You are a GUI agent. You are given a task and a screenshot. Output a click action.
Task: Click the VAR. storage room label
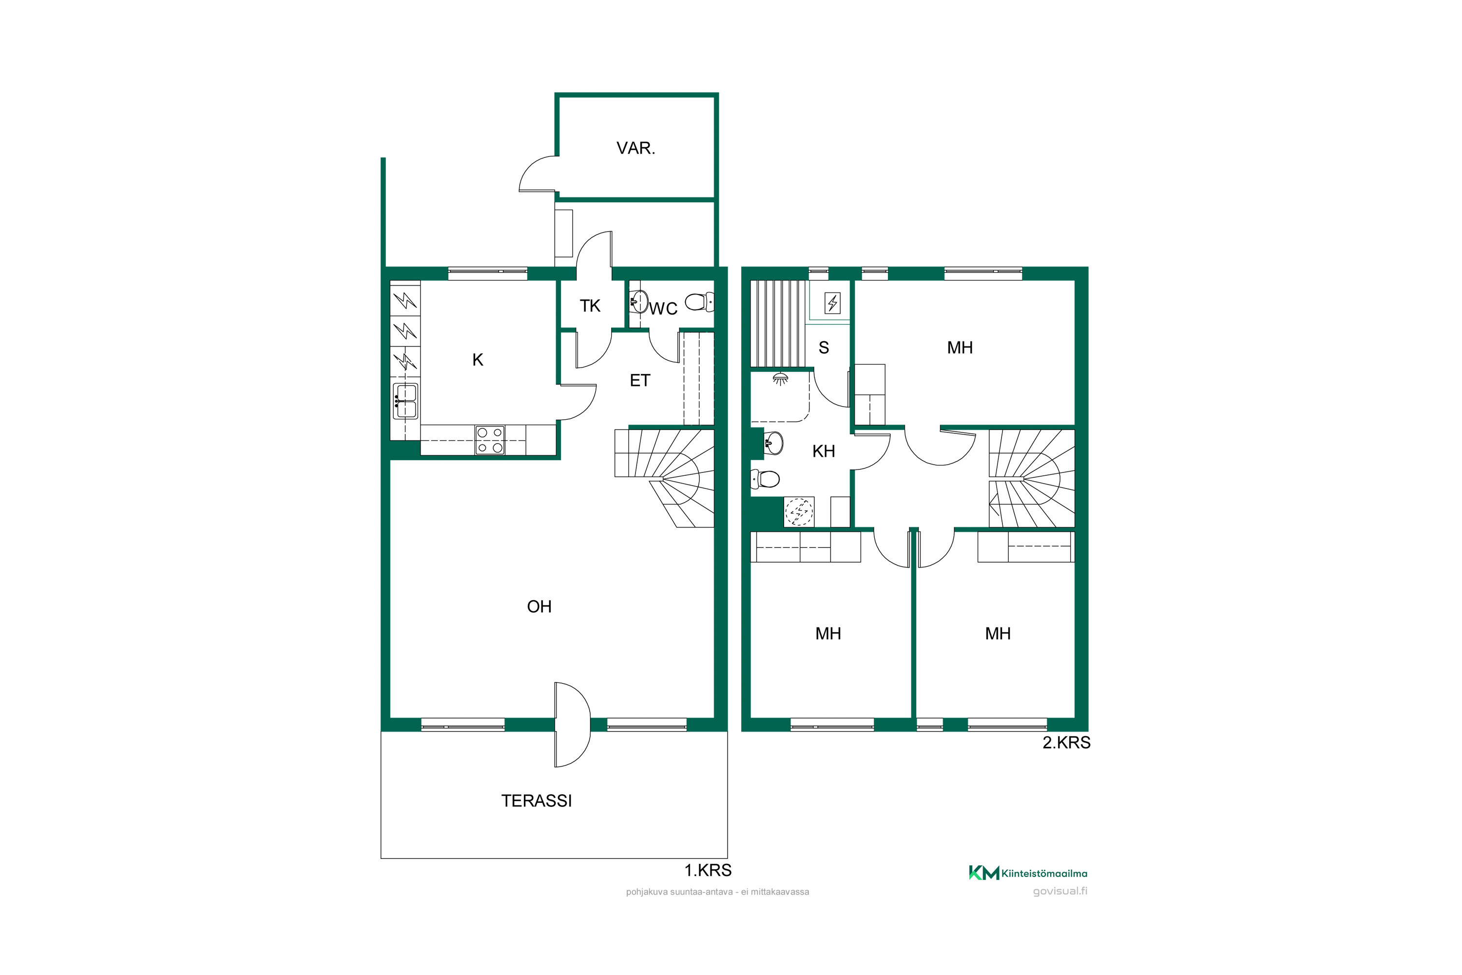pos(635,148)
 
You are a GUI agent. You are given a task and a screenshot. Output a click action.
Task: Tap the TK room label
pos(590,306)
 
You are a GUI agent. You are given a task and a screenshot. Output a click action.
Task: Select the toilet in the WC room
pos(699,302)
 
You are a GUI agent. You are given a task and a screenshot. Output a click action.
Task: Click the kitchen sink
pos(405,401)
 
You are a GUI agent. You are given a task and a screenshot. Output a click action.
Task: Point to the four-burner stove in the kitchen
pos(490,440)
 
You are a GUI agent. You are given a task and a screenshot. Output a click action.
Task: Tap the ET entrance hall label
pos(639,381)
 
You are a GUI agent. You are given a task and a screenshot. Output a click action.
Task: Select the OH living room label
pos(539,607)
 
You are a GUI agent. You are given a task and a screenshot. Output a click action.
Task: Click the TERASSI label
pos(537,801)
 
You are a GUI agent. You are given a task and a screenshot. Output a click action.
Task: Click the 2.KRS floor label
pos(1066,742)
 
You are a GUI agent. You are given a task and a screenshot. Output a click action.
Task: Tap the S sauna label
pos(824,348)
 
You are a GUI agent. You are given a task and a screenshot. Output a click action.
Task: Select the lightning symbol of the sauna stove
pos(832,303)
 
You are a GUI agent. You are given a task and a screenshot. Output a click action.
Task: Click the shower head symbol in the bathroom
pos(780,378)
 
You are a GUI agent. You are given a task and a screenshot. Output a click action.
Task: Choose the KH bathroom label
pos(824,451)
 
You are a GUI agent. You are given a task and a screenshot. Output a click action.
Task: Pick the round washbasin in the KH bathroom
pos(772,443)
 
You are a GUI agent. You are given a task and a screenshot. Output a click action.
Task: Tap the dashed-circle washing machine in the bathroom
pos(799,512)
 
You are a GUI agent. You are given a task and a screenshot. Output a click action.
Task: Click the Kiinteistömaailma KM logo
pos(1027,873)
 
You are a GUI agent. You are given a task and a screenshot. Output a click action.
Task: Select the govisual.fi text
pos(1060,892)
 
